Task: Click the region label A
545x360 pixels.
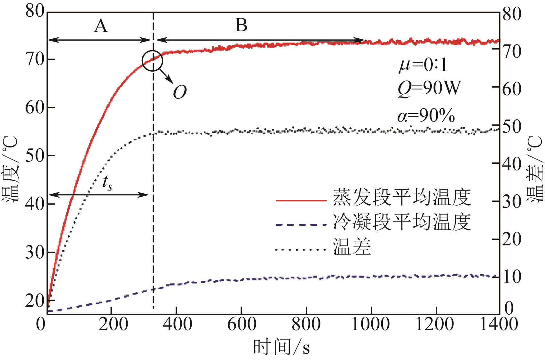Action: click(x=101, y=26)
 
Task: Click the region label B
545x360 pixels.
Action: click(x=241, y=25)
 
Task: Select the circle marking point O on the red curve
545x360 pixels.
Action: click(x=153, y=60)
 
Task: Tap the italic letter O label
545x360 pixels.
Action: click(x=180, y=93)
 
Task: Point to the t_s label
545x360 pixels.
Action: click(x=107, y=183)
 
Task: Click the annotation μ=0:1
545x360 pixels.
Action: click(x=423, y=65)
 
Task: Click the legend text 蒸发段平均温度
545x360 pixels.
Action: click(x=402, y=197)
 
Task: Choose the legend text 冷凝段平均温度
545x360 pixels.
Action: click(x=402, y=222)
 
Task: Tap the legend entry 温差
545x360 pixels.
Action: click(x=352, y=247)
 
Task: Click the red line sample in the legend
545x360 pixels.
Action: click(x=301, y=200)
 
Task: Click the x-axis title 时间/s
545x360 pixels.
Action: click(x=281, y=347)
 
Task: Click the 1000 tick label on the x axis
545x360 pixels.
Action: click(x=370, y=324)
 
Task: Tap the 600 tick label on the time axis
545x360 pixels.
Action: click(x=241, y=324)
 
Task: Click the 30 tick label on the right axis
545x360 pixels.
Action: click(x=512, y=202)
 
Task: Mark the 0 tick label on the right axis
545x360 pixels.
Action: click(x=509, y=308)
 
